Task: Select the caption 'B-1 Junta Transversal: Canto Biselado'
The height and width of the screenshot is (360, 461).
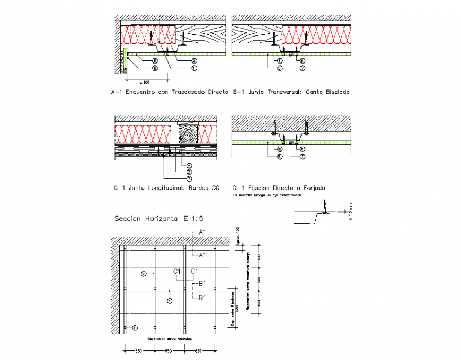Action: point(291,92)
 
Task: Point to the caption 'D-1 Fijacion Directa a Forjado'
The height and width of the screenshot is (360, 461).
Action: point(279,187)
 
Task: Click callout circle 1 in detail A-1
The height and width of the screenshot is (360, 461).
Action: point(194,68)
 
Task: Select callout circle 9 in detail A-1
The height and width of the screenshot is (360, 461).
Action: point(194,61)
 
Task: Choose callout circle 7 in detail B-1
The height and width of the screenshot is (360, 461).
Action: point(302,68)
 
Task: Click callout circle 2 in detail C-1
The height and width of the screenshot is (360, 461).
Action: point(189,165)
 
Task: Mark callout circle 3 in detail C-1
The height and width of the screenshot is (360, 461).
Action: point(189,172)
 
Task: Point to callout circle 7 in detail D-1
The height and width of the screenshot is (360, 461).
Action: point(302,157)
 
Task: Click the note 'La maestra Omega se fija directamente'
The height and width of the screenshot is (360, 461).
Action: point(267,195)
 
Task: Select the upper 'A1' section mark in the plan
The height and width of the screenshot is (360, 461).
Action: point(202,232)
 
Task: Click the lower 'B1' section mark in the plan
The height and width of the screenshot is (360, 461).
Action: point(202,298)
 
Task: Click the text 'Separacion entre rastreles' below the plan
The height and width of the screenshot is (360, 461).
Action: point(170,338)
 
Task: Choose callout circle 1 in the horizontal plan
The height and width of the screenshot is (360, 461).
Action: point(135,328)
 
